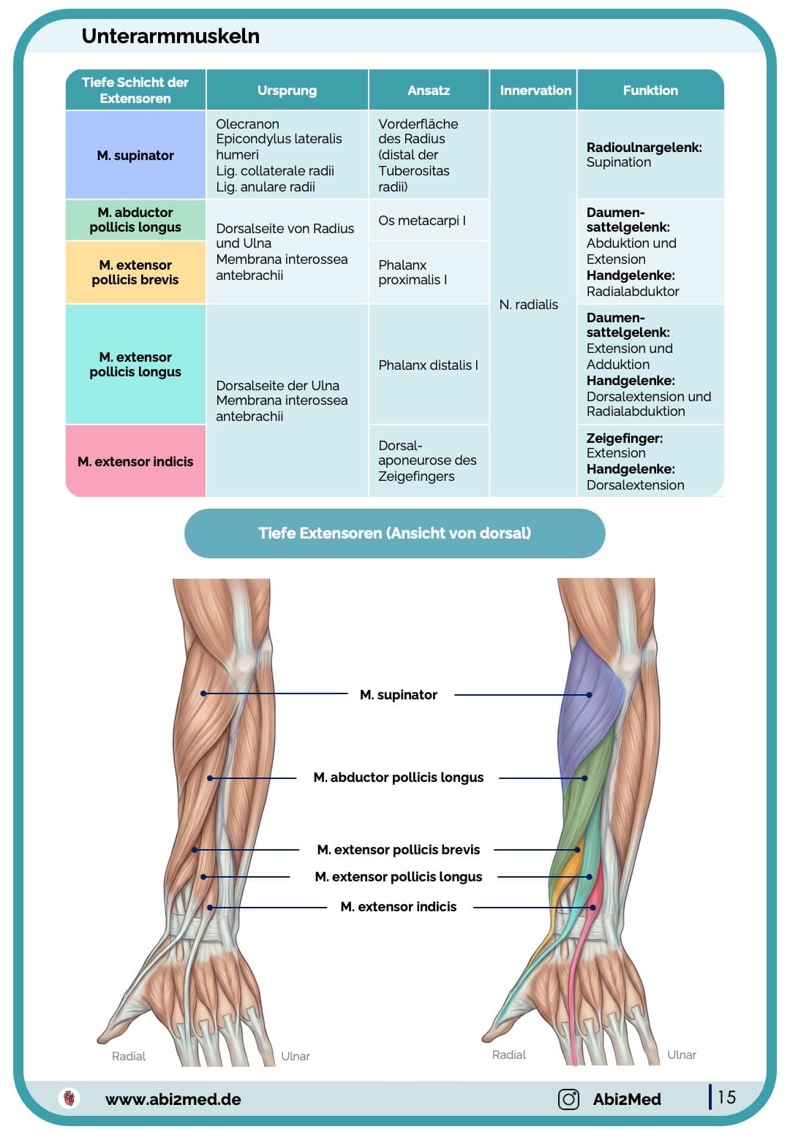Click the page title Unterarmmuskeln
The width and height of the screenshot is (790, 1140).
170,36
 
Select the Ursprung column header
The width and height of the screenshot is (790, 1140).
287,90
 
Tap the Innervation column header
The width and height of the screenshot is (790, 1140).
535,90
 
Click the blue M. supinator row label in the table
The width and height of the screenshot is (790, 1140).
135,155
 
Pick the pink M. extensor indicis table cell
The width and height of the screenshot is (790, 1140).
135,461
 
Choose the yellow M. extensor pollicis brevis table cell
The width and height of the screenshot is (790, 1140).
135,273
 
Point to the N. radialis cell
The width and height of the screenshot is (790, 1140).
528,305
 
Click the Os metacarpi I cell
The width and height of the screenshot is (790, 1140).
422,221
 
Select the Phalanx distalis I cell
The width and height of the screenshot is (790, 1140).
428,365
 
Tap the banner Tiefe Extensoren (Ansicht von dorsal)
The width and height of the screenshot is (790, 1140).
394,533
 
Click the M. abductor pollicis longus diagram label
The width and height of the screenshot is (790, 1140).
398,778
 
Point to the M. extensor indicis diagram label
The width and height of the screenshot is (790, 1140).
398,907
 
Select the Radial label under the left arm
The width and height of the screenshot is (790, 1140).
129,1056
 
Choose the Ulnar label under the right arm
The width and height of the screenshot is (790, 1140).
681,1054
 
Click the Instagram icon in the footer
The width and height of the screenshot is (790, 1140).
568,1099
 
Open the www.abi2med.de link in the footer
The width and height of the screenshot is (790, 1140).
173,1099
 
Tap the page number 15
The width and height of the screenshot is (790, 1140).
726,1097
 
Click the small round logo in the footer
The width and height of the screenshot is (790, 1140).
69,1098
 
